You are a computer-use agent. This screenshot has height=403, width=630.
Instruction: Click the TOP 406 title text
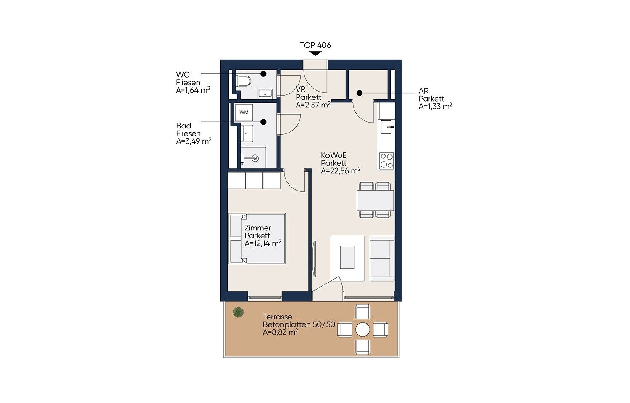click(x=315, y=45)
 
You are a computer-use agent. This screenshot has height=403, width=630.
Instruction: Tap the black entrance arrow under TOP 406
click(x=315, y=53)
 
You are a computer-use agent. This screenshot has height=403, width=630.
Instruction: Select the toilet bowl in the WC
click(x=244, y=81)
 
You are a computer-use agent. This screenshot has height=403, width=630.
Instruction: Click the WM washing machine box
click(x=244, y=113)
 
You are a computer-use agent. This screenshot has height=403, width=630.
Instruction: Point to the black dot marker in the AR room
click(x=360, y=93)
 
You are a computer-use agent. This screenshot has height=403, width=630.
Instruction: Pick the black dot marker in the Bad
click(x=263, y=122)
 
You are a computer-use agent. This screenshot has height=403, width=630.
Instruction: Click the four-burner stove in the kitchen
click(x=386, y=161)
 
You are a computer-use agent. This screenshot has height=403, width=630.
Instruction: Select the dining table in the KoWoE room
click(x=375, y=200)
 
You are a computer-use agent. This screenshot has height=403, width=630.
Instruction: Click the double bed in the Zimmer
click(x=257, y=238)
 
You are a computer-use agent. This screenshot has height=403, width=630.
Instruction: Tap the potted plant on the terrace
click(x=238, y=312)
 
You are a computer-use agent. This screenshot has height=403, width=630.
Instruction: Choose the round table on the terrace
click(x=362, y=330)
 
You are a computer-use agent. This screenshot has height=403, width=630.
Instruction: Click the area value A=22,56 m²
click(x=341, y=170)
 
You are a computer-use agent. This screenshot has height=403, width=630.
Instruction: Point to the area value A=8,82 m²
click(x=281, y=332)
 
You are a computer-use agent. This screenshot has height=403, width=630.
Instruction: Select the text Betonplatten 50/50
click(x=299, y=324)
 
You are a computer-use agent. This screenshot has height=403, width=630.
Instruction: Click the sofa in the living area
click(x=382, y=258)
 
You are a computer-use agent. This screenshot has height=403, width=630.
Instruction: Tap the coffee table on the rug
click(x=347, y=257)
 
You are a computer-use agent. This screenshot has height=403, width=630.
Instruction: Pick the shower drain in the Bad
click(x=255, y=158)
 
